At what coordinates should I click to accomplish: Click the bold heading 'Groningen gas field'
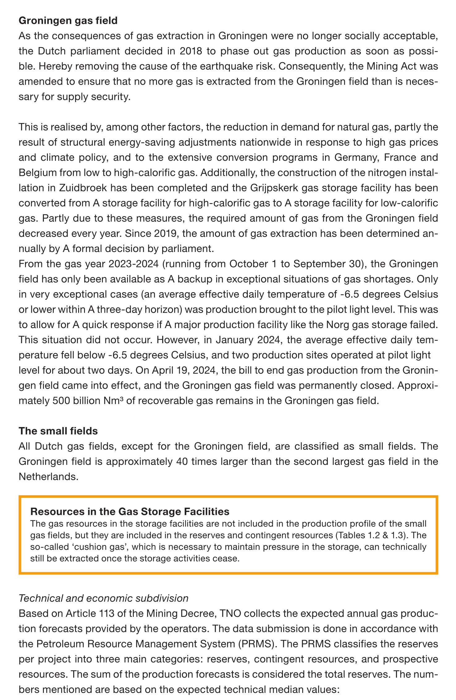[x=68, y=21]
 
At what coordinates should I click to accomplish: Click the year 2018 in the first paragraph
[x=191, y=51]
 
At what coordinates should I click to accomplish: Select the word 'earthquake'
[x=261, y=66]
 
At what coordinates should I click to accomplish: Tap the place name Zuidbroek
[x=83, y=188]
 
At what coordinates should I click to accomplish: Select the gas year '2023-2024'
[x=133, y=264]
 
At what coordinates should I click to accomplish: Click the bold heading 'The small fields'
[x=58, y=431]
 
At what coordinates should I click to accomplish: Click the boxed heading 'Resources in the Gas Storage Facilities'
[x=130, y=512]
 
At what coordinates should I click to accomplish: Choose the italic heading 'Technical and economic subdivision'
[x=103, y=598]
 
